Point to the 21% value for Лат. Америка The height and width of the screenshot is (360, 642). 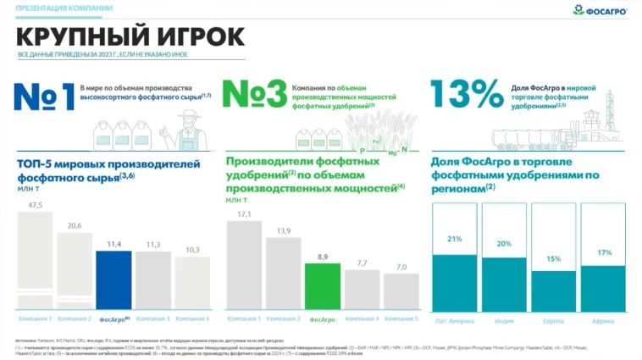click(x=455, y=240)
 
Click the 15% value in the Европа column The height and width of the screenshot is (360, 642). click(x=553, y=258)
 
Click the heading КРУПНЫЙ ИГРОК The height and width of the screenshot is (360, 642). click(x=131, y=37)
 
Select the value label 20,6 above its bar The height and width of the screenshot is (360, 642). click(x=74, y=226)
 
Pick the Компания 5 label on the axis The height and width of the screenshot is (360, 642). click(x=401, y=318)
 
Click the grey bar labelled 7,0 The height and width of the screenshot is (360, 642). click(x=401, y=293)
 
